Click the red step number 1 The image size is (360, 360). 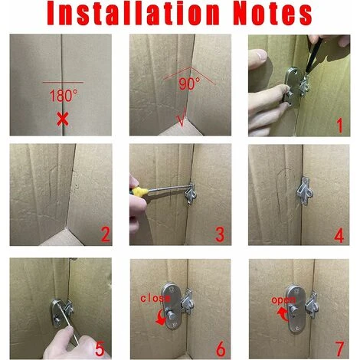point(342,123)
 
